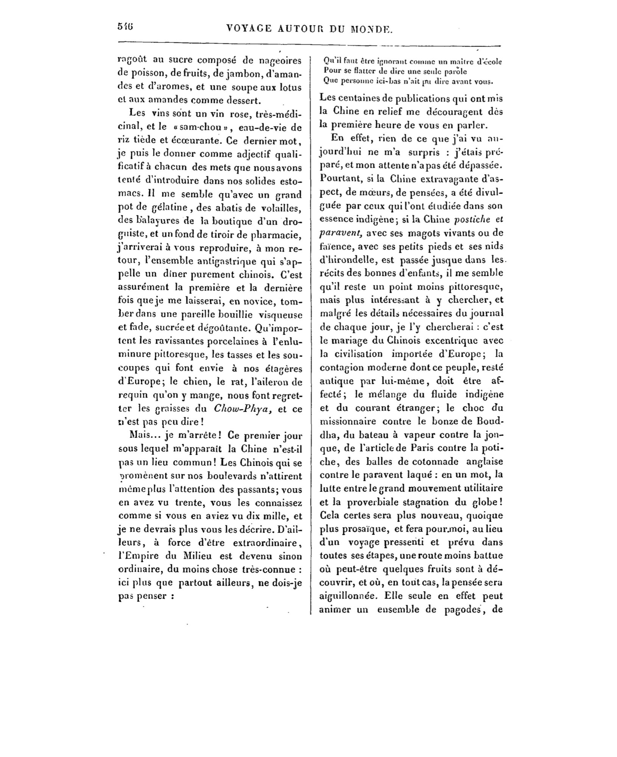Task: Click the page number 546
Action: (125, 27)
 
